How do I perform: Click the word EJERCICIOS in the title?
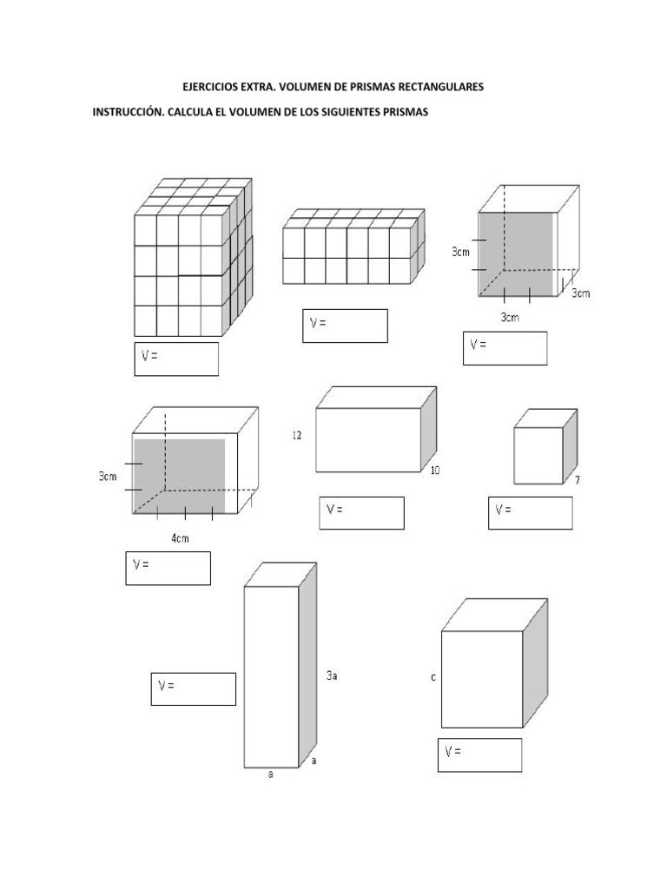[x=209, y=87]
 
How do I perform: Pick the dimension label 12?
[x=297, y=436]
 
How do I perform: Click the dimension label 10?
[x=435, y=471]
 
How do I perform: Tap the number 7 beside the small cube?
[x=578, y=480]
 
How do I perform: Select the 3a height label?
[x=332, y=675]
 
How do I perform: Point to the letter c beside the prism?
[x=433, y=678]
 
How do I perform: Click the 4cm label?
[x=180, y=538]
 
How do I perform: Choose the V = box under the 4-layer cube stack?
[x=176, y=359]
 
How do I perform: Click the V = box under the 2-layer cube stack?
[x=345, y=326]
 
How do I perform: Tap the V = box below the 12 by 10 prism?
[x=360, y=512]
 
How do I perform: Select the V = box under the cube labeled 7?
[x=530, y=512]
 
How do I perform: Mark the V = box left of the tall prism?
[x=193, y=688]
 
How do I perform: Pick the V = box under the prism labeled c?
[x=479, y=754]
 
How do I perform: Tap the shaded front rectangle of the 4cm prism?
[x=180, y=475]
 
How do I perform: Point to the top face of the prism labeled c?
[x=494, y=614]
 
